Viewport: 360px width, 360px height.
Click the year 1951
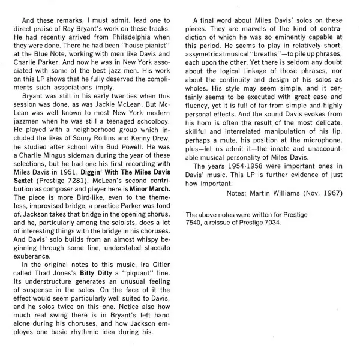click(70, 164)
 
